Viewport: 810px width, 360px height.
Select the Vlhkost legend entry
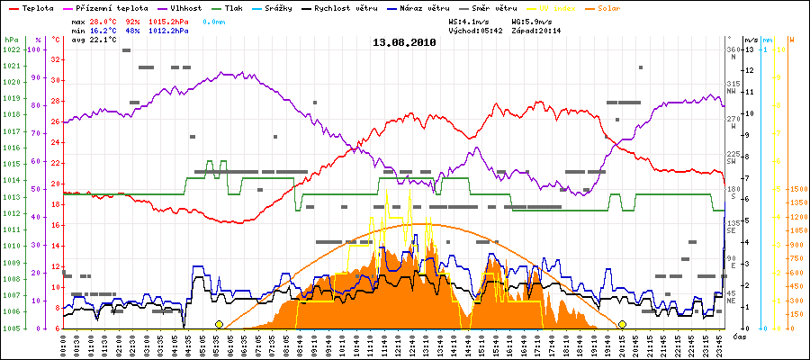coord(185,8)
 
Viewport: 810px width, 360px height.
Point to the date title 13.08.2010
coord(404,41)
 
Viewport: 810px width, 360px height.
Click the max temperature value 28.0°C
coord(103,20)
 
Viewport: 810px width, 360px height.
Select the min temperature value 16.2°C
coord(103,31)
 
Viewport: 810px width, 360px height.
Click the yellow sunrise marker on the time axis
coord(219,324)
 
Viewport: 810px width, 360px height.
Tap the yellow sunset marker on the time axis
coord(622,324)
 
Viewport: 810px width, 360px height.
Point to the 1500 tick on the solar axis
coord(797,189)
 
